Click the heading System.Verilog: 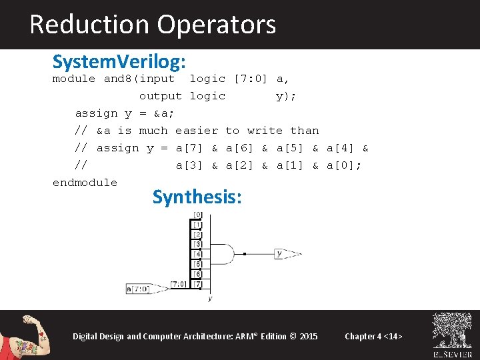pyautogui.click(x=119, y=62)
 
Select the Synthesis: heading pyautogui.click(x=197, y=197)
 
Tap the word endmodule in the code pyautogui.click(x=85, y=182)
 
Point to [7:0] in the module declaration pyautogui.click(x=251, y=79)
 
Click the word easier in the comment pyautogui.click(x=197, y=131)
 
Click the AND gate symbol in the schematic pyautogui.click(x=223, y=254)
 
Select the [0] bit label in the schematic pyautogui.click(x=197, y=215)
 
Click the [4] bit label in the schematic pyautogui.click(x=197, y=254)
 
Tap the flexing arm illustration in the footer pyautogui.click(x=30, y=335)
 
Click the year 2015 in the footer pyautogui.click(x=309, y=336)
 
